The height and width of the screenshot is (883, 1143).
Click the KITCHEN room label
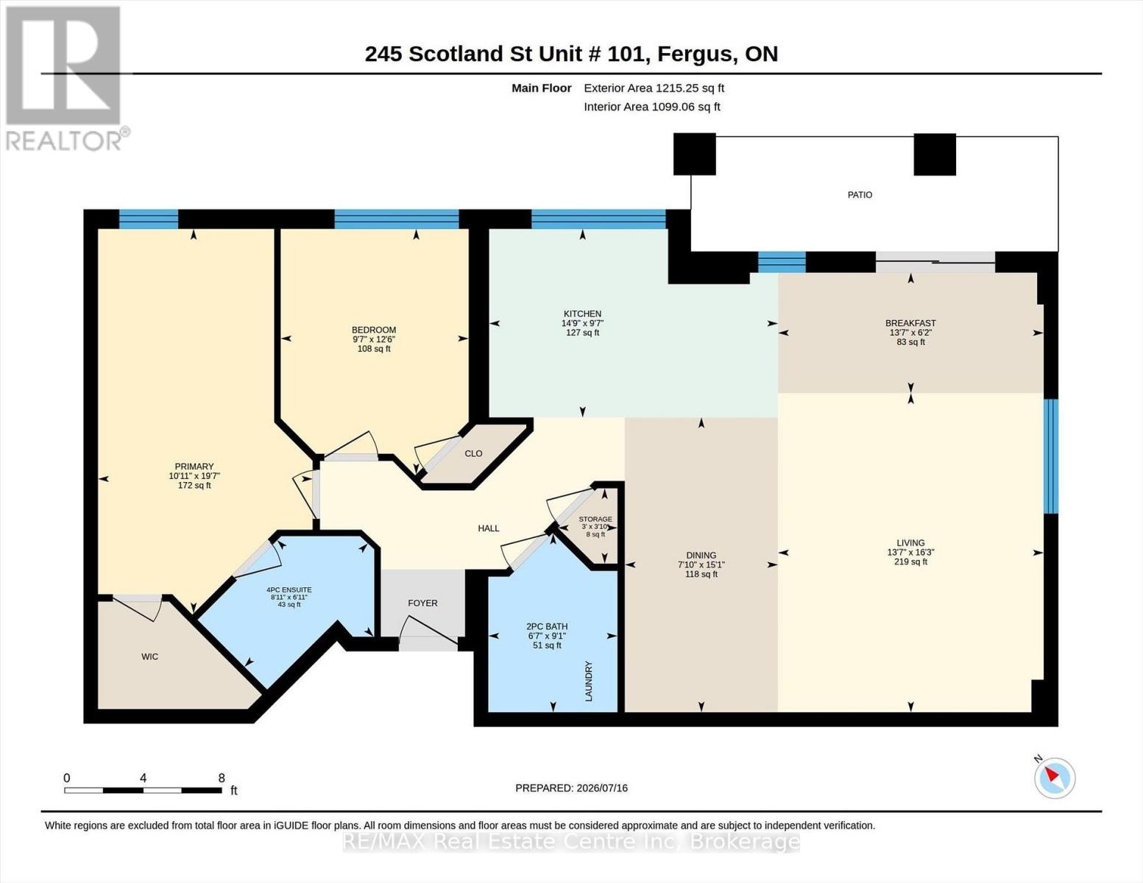[x=582, y=313]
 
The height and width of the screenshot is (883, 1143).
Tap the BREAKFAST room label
[x=910, y=323]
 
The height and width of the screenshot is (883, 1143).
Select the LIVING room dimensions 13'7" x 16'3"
[x=910, y=552]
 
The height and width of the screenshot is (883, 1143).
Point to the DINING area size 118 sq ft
[x=701, y=574]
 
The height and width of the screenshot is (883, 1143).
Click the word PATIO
[x=860, y=194]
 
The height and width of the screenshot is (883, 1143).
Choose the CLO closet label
[x=473, y=453]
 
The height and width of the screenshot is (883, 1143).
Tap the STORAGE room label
[x=595, y=519]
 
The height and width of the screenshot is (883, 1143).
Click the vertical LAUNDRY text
[x=589, y=681]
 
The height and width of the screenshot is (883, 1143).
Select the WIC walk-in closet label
[x=150, y=656]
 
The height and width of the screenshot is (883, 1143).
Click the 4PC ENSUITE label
[x=289, y=589]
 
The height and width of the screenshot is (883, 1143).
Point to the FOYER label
[x=422, y=603]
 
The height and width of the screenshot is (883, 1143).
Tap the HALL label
[x=488, y=528]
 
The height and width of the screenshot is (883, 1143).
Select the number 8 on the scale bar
[x=222, y=778]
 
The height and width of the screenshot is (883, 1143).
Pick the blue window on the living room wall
[x=1050, y=456]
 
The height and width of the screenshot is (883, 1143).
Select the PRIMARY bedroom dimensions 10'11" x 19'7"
[x=194, y=475]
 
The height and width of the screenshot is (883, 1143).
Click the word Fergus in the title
[x=696, y=54]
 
